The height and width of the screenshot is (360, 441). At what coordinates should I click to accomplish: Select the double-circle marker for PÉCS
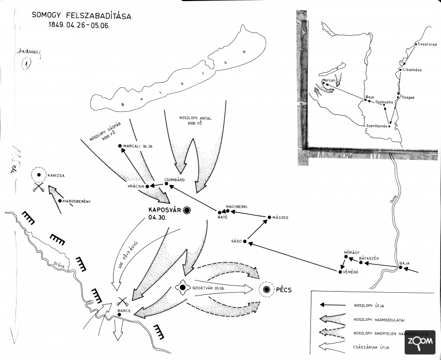(267, 289)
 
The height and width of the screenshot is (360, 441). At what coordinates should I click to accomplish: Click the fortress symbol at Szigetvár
(182, 287)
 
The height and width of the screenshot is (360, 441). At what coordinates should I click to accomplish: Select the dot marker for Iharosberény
(59, 201)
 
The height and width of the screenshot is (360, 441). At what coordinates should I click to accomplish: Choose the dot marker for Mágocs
(269, 218)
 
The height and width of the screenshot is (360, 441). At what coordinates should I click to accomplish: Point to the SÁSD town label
(236, 241)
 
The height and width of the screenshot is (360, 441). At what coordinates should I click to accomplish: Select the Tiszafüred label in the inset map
(427, 43)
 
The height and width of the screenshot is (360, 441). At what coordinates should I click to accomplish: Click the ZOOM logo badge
(420, 342)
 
